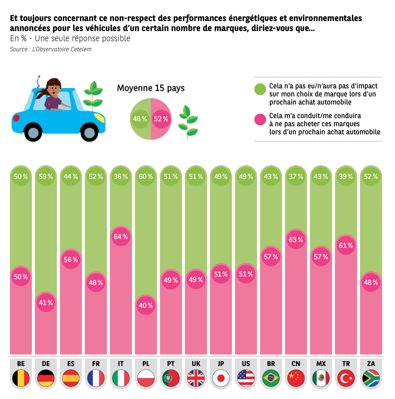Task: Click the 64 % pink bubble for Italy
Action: (x=121, y=237)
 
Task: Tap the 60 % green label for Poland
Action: (x=146, y=176)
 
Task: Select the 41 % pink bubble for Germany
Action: (x=46, y=303)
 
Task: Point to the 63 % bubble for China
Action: (x=296, y=240)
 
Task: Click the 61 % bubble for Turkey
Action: (x=346, y=246)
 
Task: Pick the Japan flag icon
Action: (x=221, y=378)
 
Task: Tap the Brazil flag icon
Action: (x=271, y=378)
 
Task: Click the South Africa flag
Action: (x=371, y=378)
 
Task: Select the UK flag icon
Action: (x=196, y=378)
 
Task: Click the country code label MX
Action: (x=321, y=363)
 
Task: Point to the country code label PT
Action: (x=171, y=363)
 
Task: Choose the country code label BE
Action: (x=21, y=363)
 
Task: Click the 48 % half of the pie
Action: (x=140, y=119)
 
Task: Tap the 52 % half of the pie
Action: (x=161, y=119)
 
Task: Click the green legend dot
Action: (x=260, y=89)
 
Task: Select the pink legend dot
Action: (x=260, y=119)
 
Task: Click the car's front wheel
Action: (x=89, y=132)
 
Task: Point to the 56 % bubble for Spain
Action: (x=70, y=259)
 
